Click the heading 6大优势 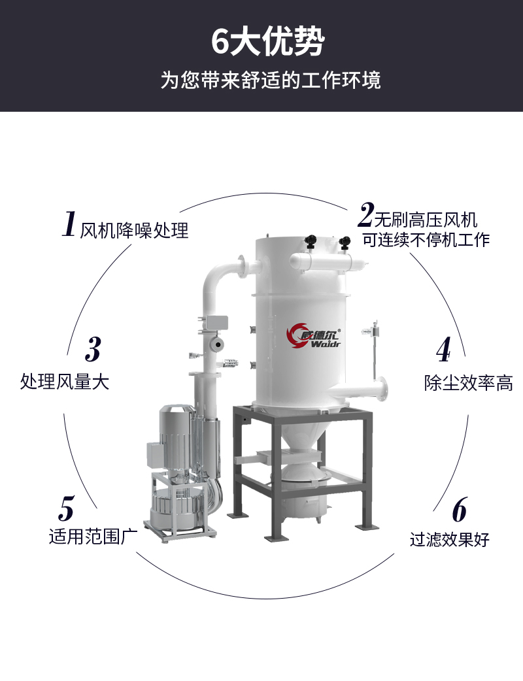coord(267,42)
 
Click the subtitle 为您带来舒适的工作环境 coord(271,80)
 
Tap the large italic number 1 coord(69,224)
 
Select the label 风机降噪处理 coord(134,230)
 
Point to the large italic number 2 coord(365,215)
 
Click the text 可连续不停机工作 coord(426,240)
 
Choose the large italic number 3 coord(93,349)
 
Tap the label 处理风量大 coord(65,382)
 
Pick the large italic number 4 coord(443,350)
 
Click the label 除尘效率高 coord(468,383)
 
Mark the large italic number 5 coord(67,508)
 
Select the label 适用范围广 coord(93,537)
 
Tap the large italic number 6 coord(460,510)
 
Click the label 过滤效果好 coord(450,540)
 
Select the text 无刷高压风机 coord(426,220)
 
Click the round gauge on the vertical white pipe coord(217,344)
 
